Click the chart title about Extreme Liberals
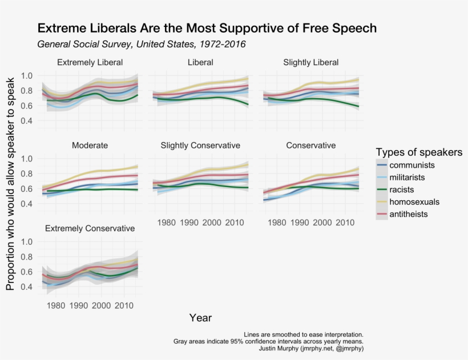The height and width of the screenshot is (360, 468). point(207,28)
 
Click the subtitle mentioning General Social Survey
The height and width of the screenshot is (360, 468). point(142,45)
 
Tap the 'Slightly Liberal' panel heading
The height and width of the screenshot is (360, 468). point(310,62)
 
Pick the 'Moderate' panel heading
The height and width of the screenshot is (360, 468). point(90,145)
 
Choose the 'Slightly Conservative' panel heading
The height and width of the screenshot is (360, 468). point(200,145)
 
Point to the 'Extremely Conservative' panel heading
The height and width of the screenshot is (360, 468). point(90,228)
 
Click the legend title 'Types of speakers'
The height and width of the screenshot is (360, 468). point(419,152)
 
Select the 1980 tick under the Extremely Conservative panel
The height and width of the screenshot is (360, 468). point(56,305)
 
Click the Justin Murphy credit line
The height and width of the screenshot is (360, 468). point(311,348)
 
